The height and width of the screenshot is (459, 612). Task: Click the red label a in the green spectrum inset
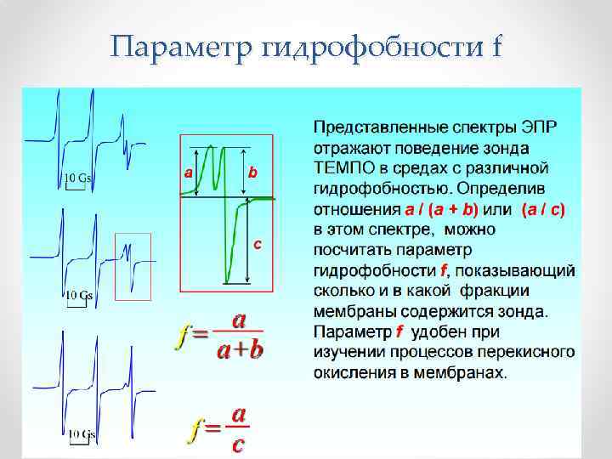(188, 173)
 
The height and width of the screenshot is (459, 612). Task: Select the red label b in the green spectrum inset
(252, 173)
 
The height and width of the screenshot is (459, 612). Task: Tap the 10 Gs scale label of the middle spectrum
(80, 295)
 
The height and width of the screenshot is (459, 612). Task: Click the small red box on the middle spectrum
(133, 266)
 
